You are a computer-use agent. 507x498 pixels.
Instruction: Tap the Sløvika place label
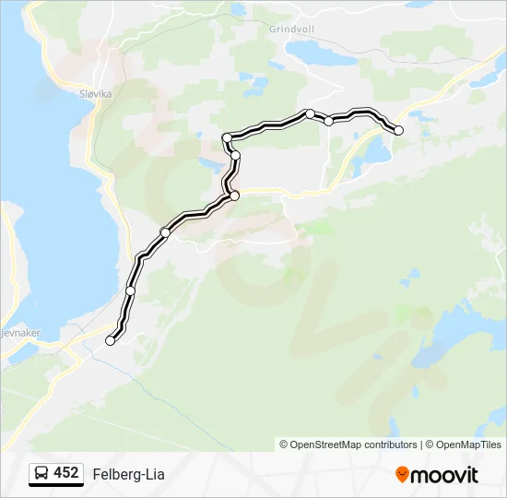click(x=90, y=93)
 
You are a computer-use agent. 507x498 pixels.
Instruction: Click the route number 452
click(x=65, y=473)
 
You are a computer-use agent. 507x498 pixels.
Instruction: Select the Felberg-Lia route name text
click(x=128, y=474)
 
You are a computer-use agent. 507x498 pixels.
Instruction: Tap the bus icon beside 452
click(x=41, y=474)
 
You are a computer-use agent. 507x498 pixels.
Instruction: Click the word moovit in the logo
click(x=444, y=475)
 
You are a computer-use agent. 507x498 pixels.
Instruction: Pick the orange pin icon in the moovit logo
click(x=402, y=474)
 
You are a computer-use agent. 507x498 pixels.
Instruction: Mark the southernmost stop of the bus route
click(x=111, y=340)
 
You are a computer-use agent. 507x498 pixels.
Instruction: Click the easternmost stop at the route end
click(x=398, y=131)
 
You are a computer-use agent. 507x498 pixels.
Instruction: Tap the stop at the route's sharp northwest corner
click(x=227, y=137)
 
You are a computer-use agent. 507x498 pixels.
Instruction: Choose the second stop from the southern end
click(x=130, y=290)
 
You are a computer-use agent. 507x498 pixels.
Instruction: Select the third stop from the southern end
click(x=165, y=232)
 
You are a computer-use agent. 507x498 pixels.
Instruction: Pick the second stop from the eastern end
click(x=328, y=121)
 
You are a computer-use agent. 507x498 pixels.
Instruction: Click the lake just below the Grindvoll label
click(x=318, y=53)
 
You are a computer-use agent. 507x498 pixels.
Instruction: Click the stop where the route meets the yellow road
click(x=234, y=196)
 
